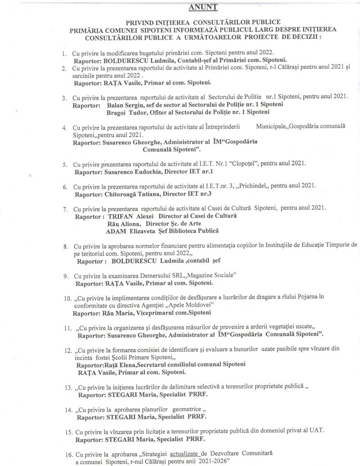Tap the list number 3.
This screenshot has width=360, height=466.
coord(65,97)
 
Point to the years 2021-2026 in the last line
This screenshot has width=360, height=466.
coord(210,461)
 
